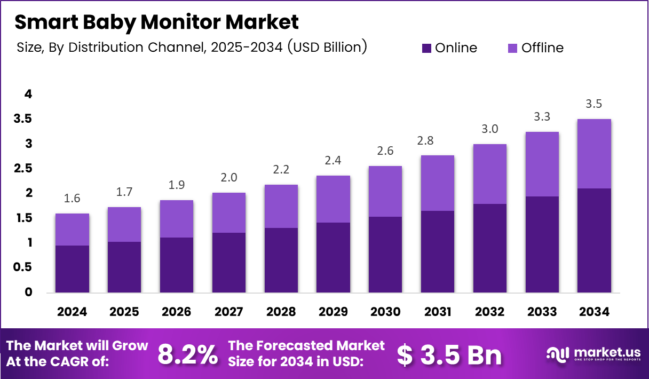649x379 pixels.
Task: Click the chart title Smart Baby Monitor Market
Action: [x=156, y=22]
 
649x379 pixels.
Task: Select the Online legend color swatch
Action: [x=426, y=48]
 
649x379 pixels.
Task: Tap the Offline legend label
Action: [x=542, y=48]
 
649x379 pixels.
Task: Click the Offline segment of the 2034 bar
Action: [x=594, y=154]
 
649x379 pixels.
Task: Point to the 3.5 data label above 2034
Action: [x=594, y=104]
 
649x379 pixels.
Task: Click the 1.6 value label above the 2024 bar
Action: [x=72, y=199]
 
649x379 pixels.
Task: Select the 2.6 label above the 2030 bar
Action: [x=385, y=151]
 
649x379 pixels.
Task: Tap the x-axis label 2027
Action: [x=228, y=312]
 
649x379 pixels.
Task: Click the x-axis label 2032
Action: [x=489, y=312]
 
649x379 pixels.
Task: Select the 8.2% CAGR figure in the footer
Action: [x=188, y=354]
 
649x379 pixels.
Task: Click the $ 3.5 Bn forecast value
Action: [x=449, y=354]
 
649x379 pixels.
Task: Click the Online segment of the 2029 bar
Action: [x=333, y=257]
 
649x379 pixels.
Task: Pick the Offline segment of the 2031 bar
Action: [x=438, y=183]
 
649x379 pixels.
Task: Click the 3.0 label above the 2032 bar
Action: [x=489, y=129]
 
